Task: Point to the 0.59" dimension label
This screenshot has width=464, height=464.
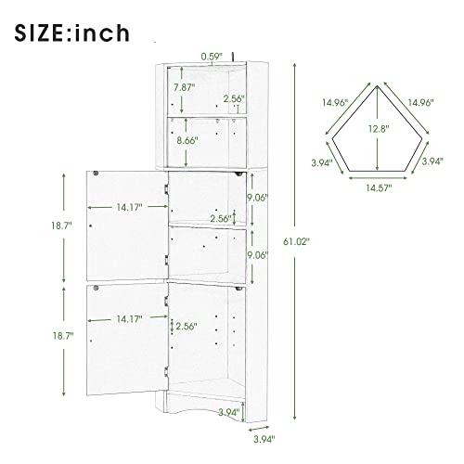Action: point(213,55)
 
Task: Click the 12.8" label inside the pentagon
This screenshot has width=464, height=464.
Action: point(375,128)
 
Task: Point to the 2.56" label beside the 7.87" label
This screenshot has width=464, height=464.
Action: point(235,98)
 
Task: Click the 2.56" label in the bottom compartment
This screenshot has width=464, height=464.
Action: point(187,326)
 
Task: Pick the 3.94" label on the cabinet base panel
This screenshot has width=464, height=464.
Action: point(228,412)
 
